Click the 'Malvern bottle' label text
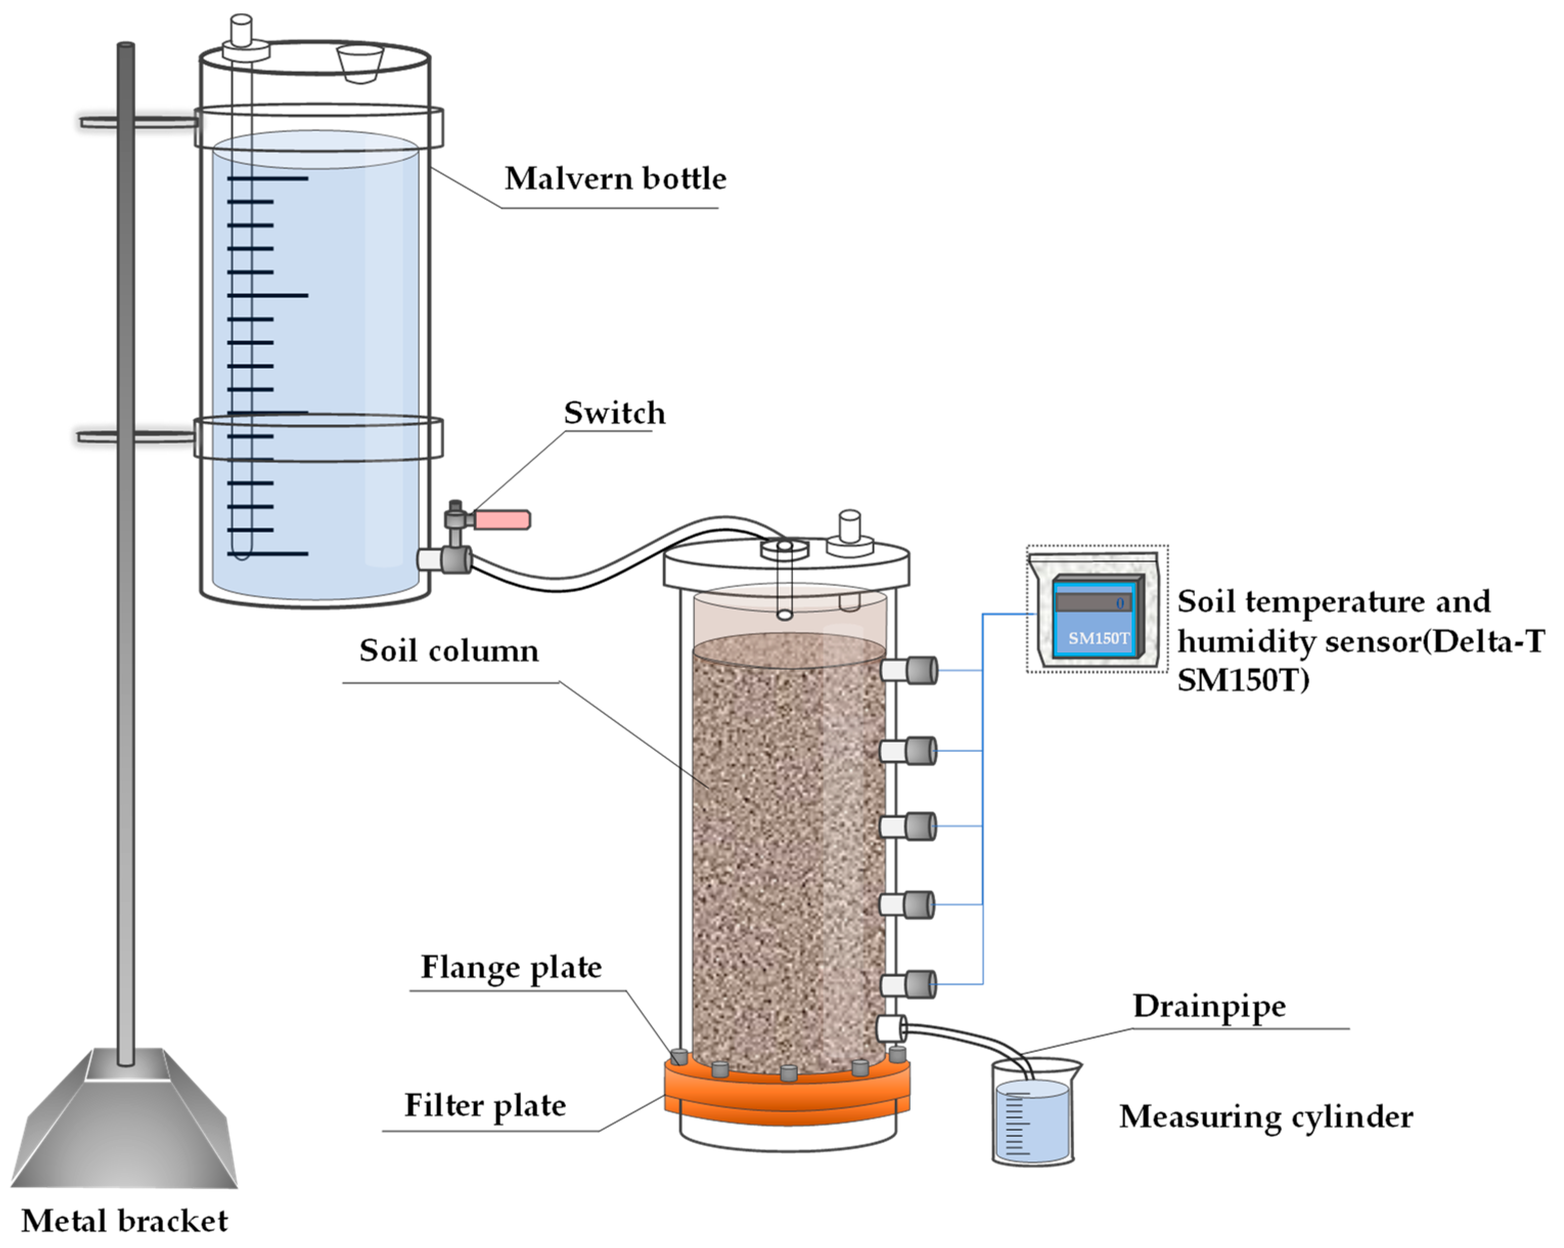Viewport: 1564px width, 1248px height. click(615, 179)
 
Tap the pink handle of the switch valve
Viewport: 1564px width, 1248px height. click(502, 520)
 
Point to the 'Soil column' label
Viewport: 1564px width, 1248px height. click(449, 651)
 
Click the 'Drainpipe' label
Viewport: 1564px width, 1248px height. click(1209, 1007)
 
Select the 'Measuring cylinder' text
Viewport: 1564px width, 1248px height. click(1266, 1117)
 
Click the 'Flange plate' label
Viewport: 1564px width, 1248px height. click(511, 967)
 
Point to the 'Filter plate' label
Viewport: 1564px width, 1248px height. click(485, 1105)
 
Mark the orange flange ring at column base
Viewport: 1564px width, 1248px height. click(787, 1096)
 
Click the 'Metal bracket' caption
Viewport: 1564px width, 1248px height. click(125, 1221)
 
